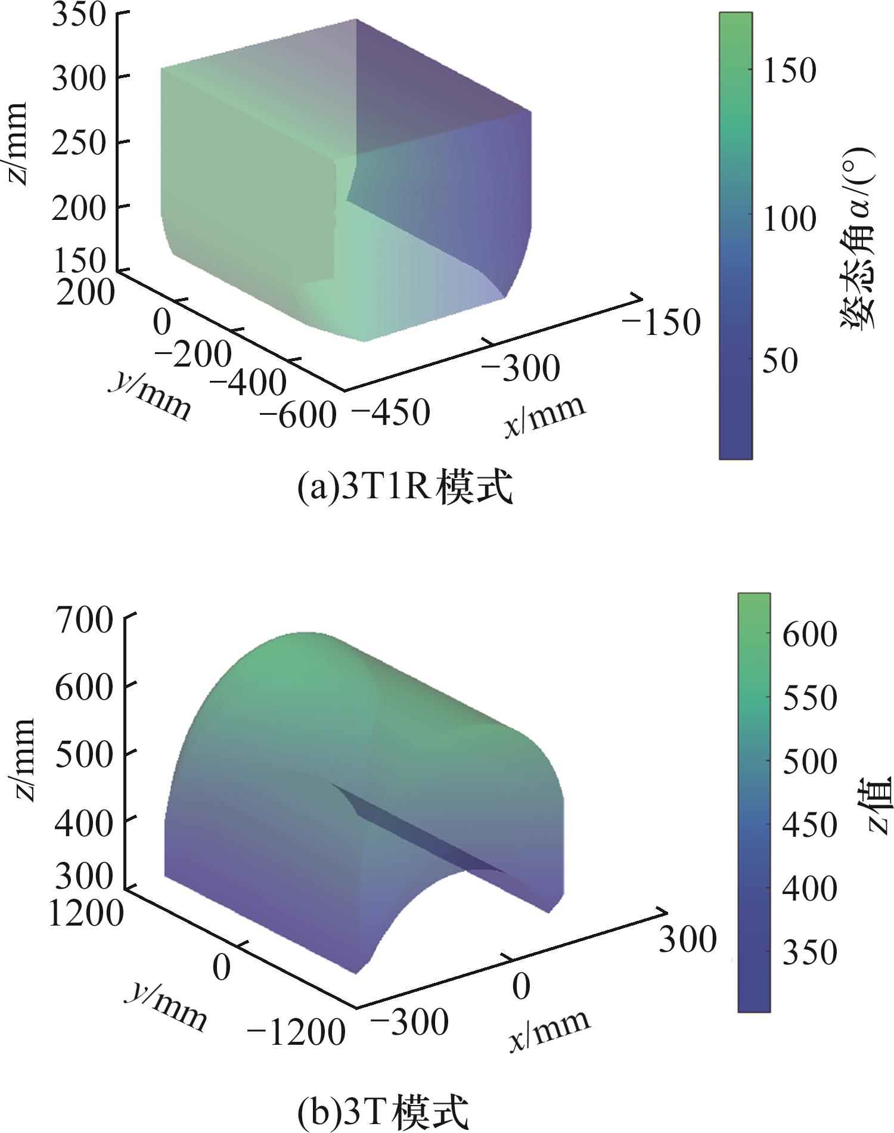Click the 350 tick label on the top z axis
tap(79, 15)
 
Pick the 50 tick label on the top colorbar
tap(780, 361)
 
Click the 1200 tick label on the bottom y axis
tap(86, 912)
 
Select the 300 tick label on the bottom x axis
tap(687, 940)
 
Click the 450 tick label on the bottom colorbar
tap(809, 825)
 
